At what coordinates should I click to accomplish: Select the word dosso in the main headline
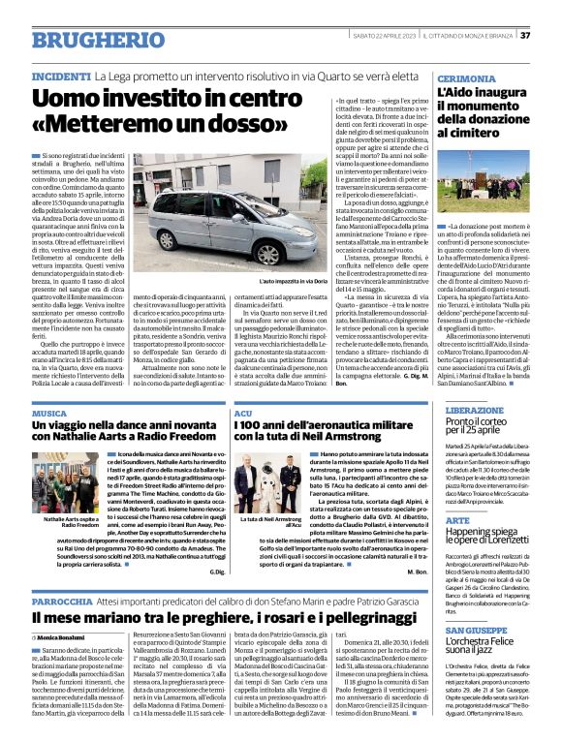245,127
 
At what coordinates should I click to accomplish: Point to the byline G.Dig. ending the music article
216,572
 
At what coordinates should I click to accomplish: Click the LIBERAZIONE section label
474,410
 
